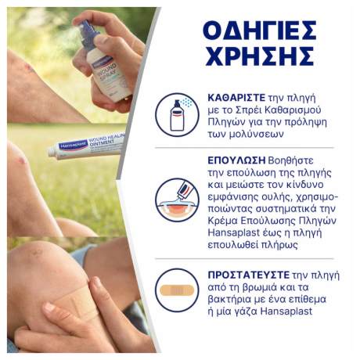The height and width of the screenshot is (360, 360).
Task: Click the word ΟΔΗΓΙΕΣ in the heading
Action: point(260,32)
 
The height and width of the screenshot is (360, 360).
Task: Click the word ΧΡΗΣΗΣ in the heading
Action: point(260,56)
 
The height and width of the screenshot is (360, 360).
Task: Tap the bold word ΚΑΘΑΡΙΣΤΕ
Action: point(236,98)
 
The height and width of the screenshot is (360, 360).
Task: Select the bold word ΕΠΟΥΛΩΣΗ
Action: point(236,160)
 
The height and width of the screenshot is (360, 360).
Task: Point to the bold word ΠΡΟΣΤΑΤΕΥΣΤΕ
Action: point(249,275)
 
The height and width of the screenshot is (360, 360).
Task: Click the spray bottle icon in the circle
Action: point(178,115)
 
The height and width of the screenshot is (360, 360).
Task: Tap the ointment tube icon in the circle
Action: point(178,200)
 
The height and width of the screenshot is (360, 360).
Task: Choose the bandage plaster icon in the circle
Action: point(177,290)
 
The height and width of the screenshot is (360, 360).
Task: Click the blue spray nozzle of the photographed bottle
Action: point(88,34)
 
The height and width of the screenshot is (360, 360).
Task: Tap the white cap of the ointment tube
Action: point(53,151)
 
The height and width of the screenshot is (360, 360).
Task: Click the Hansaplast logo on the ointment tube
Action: point(73,145)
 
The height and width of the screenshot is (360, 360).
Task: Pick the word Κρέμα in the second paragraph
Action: point(222,221)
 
